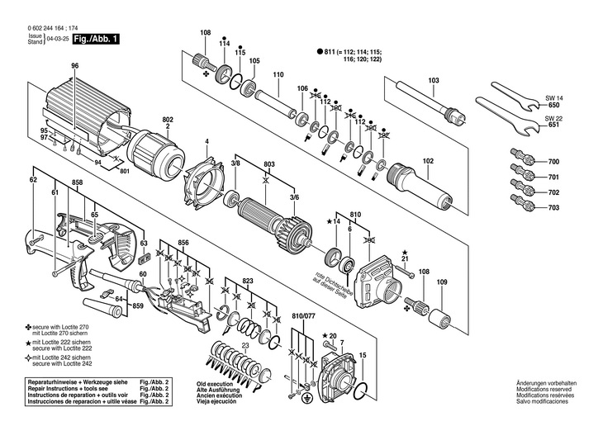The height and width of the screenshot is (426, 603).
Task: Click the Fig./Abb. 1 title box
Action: tap(97, 39)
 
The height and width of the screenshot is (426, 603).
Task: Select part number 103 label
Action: tap(434, 80)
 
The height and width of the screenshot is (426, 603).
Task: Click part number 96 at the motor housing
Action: tap(74, 65)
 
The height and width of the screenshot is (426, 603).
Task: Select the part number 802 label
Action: tap(168, 119)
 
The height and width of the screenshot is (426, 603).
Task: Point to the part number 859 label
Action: tap(137, 306)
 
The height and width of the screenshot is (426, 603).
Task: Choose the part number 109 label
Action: tap(441, 283)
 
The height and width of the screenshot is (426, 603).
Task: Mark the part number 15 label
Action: tap(362, 354)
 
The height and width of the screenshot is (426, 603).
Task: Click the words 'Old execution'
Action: tap(214, 384)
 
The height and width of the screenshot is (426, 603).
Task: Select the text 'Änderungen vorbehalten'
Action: tap(546, 384)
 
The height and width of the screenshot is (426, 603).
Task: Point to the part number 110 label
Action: tap(278, 74)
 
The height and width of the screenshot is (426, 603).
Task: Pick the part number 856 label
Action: tap(183, 243)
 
